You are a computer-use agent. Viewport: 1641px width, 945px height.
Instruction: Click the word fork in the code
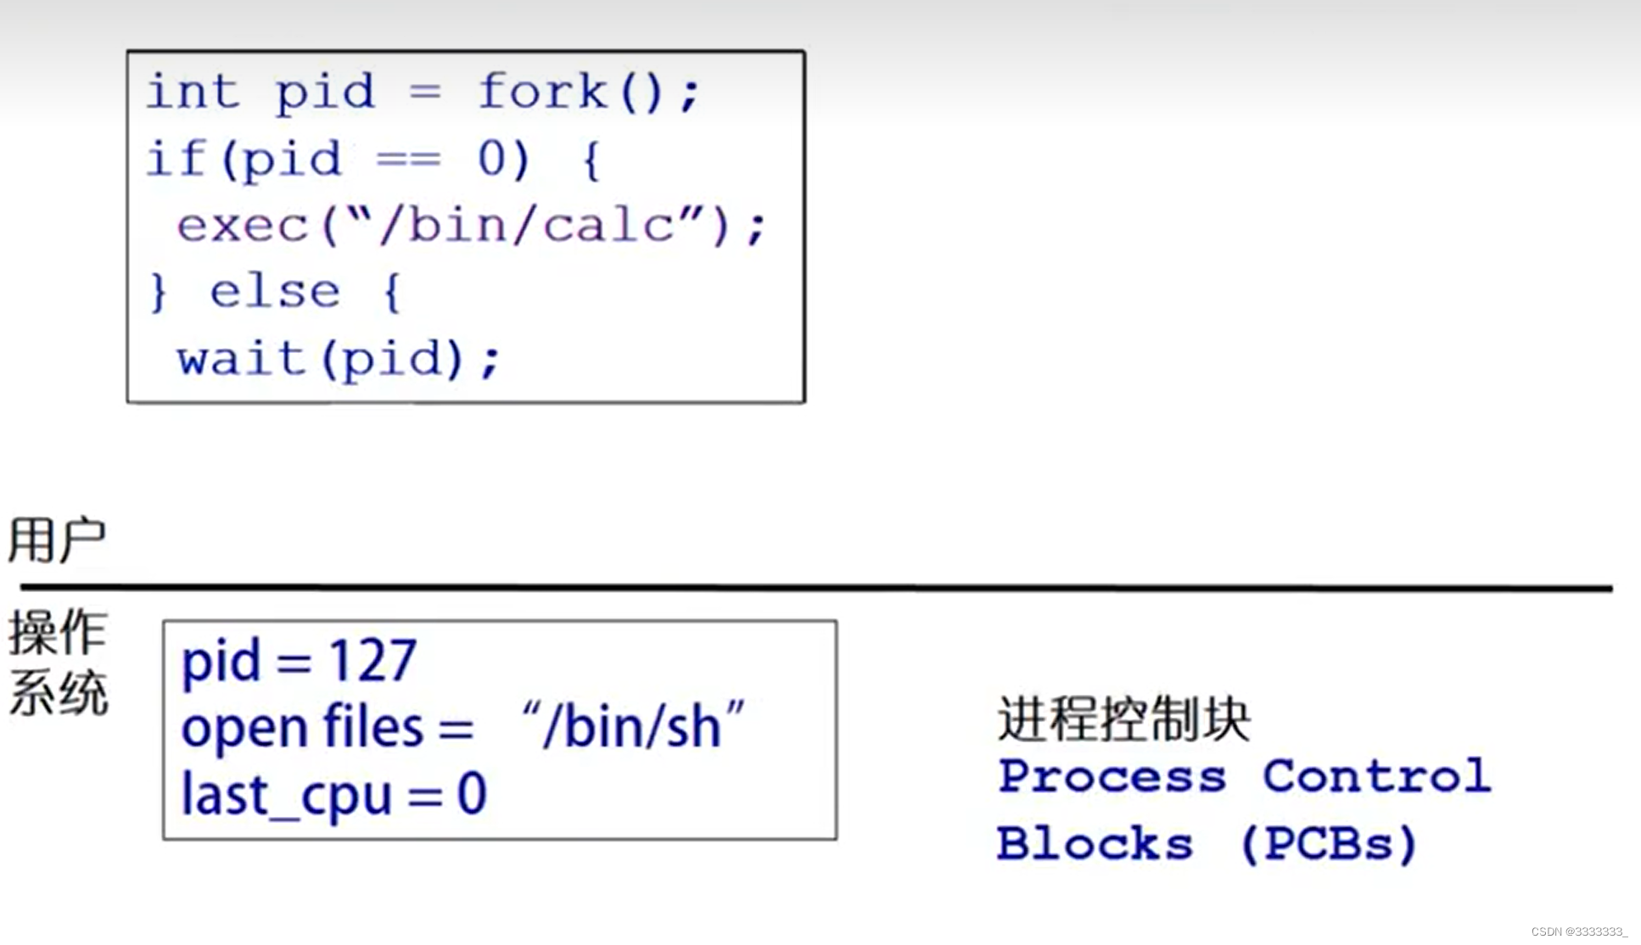[x=543, y=91]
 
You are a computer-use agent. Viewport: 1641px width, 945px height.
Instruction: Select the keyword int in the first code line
[x=192, y=91]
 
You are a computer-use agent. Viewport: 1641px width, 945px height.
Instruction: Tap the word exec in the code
[x=243, y=226]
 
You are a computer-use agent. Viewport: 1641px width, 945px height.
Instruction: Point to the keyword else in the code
[x=275, y=293]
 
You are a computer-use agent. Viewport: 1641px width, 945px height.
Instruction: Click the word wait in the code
[x=242, y=359]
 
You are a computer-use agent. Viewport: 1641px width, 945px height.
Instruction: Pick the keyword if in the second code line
[x=176, y=159]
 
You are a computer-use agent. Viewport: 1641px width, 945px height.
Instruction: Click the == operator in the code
[x=408, y=159]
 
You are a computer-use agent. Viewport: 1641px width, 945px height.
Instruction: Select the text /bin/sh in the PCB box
[x=632, y=727]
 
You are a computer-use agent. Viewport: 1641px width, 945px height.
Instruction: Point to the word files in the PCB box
[x=373, y=727]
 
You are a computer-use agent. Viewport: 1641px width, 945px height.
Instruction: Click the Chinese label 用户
[x=57, y=540]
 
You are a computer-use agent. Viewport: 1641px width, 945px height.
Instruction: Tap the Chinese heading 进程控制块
[x=1123, y=720]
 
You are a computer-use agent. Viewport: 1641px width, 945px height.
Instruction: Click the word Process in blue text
[x=1112, y=776]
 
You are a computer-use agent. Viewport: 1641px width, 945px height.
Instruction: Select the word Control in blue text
[x=1376, y=776]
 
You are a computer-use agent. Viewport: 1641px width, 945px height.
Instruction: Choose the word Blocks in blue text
[x=1095, y=844]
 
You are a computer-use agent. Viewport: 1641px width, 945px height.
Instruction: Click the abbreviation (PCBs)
[x=1329, y=844]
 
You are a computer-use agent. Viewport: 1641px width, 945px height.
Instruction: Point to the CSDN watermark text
[x=1579, y=931]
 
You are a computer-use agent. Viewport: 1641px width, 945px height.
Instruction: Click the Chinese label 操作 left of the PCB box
[x=57, y=633]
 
